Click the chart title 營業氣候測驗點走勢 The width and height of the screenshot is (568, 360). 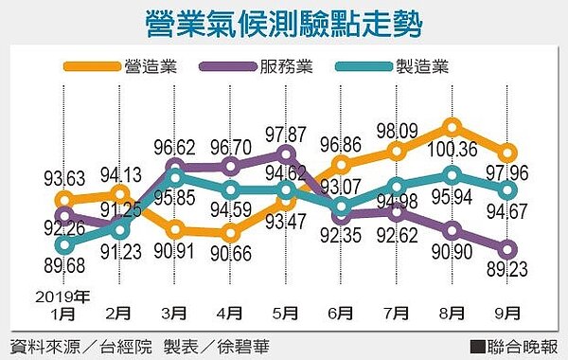(283, 25)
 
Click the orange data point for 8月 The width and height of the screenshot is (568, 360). (453, 127)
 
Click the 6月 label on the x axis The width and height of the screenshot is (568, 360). (342, 310)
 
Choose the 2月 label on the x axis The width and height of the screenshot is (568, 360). (119, 310)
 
